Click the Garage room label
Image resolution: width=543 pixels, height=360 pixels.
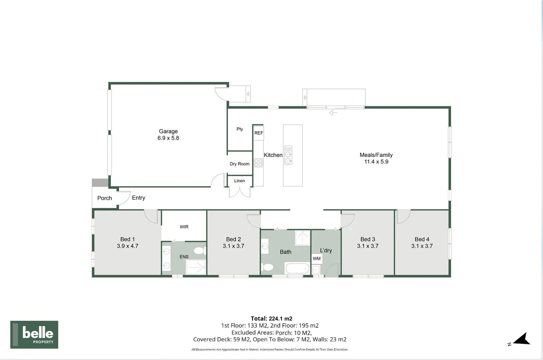point(168,131)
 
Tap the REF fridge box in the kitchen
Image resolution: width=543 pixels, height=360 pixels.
point(258,133)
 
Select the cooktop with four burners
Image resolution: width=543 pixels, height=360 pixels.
point(258,163)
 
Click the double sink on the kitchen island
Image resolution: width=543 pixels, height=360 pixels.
point(288,155)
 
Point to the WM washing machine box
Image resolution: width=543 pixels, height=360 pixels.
point(317,259)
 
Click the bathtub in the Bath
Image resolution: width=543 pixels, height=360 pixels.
point(298,268)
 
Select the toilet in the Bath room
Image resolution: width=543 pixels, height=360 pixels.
point(267,267)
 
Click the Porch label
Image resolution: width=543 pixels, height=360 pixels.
point(104,198)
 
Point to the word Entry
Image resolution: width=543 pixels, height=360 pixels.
point(138,198)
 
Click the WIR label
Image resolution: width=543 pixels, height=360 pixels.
point(184,227)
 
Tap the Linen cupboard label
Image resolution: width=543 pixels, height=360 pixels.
point(239,181)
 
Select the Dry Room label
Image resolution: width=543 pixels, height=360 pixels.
point(239,164)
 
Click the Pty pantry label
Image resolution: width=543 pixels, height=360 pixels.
point(240,129)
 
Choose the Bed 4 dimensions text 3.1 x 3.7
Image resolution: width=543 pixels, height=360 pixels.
point(422,246)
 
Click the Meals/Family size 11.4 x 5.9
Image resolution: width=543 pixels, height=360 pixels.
point(376,162)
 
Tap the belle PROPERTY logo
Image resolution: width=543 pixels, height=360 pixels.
point(34,335)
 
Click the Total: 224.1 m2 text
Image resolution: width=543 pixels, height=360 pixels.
point(271,319)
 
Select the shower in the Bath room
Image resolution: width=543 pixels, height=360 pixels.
point(303,238)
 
